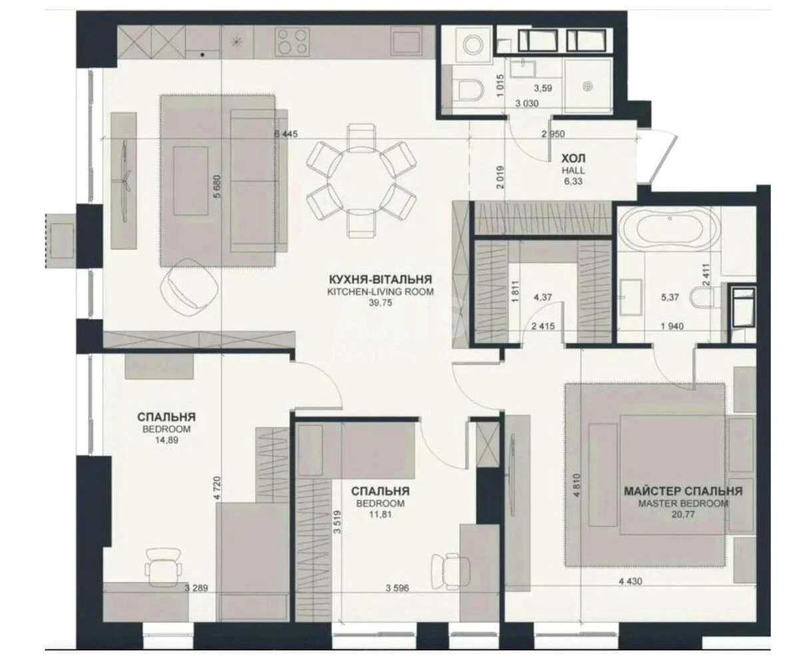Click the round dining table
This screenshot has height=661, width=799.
pos(361,179)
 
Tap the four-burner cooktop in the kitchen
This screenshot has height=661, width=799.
pos(292,41)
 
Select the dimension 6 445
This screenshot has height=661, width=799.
pos(286,133)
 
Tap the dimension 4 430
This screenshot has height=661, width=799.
pos(633,581)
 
